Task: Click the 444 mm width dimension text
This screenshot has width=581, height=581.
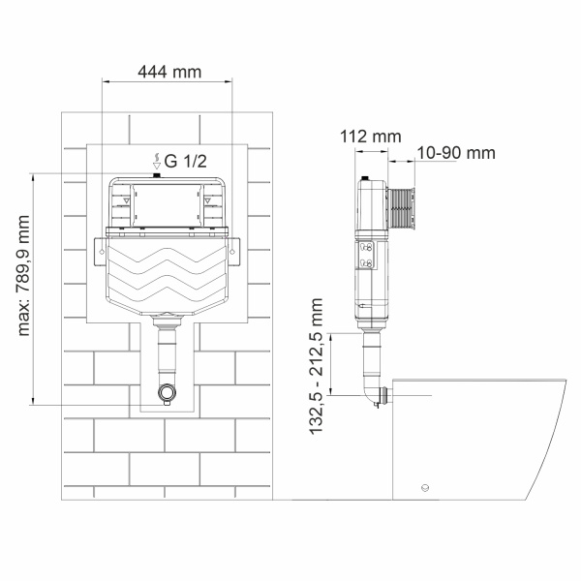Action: [167, 71]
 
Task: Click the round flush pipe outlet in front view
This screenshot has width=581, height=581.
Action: [167, 395]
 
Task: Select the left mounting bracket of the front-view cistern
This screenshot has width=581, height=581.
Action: [101, 249]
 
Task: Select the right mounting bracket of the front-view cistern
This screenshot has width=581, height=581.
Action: [232, 249]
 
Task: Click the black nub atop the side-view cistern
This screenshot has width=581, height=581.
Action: [365, 178]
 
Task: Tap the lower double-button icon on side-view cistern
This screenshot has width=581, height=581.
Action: [366, 261]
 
